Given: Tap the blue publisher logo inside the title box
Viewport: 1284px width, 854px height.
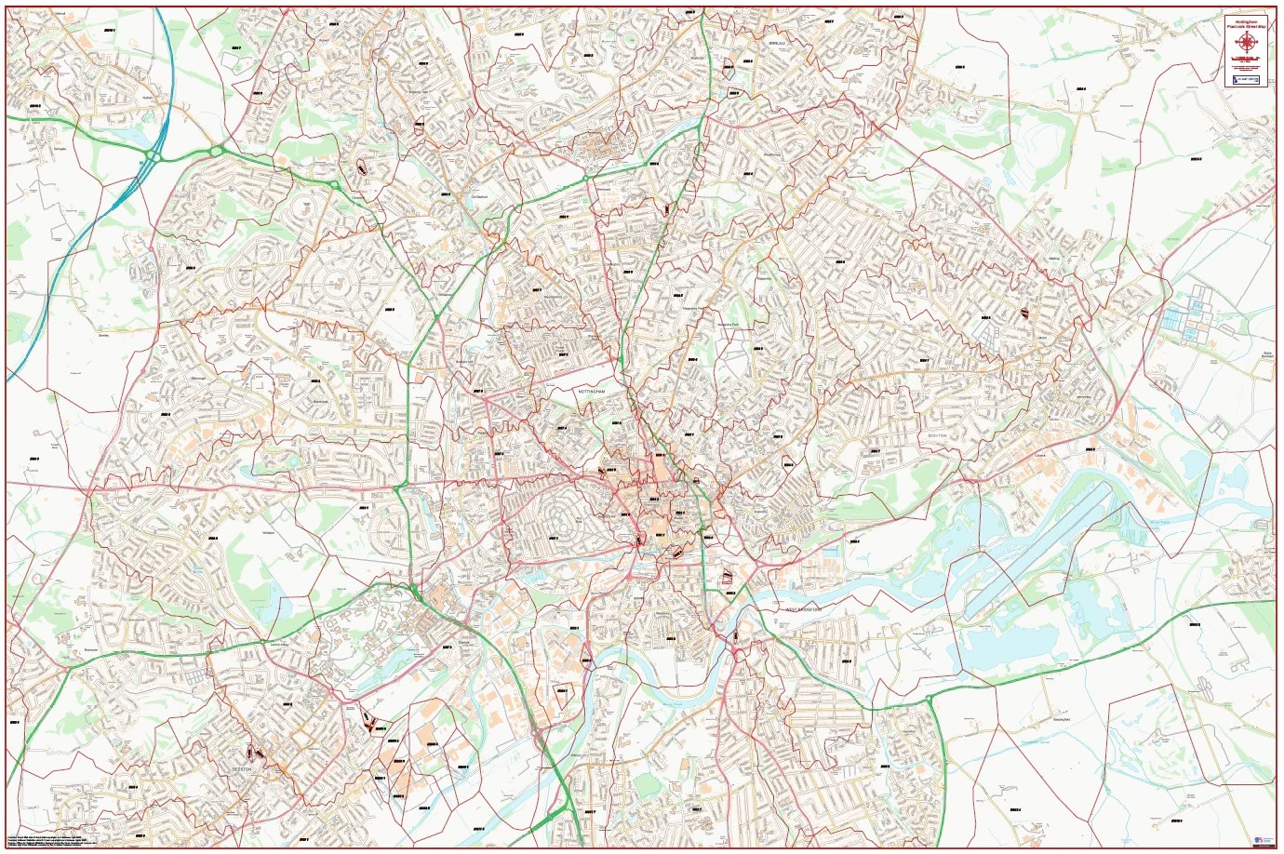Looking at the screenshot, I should pyautogui.click(x=1246, y=81).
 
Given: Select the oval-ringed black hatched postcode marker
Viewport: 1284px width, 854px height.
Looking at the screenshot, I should pyautogui.click(x=360, y=169).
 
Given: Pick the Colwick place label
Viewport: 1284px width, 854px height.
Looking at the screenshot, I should pyautogui.click(x=1041, y=456).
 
